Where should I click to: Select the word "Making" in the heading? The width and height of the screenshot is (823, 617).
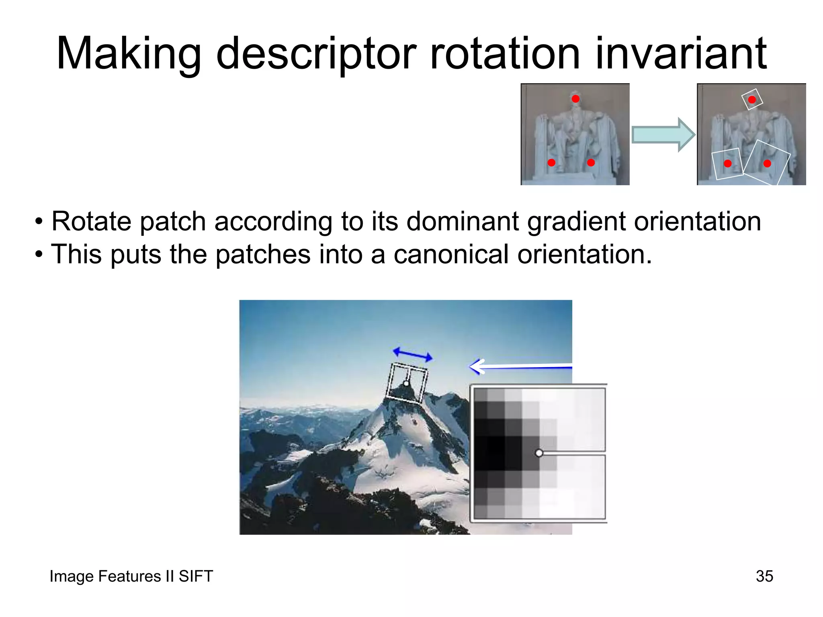[x=129, y=54]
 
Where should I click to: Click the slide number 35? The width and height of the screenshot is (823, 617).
[x=764, y=576]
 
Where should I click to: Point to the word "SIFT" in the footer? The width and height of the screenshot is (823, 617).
[x=196, y=576]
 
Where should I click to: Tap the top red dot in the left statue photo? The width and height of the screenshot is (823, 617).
[x=575, y=99]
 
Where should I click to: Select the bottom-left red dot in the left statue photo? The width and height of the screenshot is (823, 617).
[x=551, y=163]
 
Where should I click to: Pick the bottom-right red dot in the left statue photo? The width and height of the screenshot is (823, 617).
[x=591, y=163]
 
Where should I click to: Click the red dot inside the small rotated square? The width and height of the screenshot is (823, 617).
[x=752, y=100]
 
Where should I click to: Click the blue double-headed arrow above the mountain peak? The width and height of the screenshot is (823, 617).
[x=413, y=354]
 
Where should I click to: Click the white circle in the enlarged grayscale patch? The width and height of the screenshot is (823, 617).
[x=539, y=453]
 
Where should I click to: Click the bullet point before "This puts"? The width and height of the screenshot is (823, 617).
[x=39, y=255]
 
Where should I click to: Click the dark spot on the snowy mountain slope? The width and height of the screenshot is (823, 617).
[x=414, y=421]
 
